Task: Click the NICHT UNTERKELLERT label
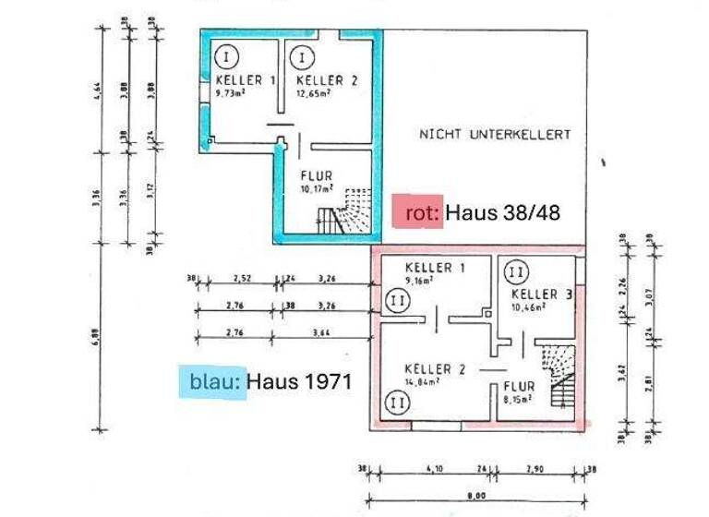click(x=495, y=134)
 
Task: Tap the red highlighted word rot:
click(x=417, y=212)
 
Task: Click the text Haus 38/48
click(x=502, y=212)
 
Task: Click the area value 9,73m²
click(x=234, y=92)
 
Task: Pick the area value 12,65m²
click(x=315, y=92)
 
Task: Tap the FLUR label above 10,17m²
click(x=316, y=175)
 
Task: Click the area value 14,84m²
click(x=422, y=379)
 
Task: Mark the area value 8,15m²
click(x=517, y=400)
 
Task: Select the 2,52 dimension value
click(x=243, y=275)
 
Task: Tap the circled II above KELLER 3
click(x=517, y=272)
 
